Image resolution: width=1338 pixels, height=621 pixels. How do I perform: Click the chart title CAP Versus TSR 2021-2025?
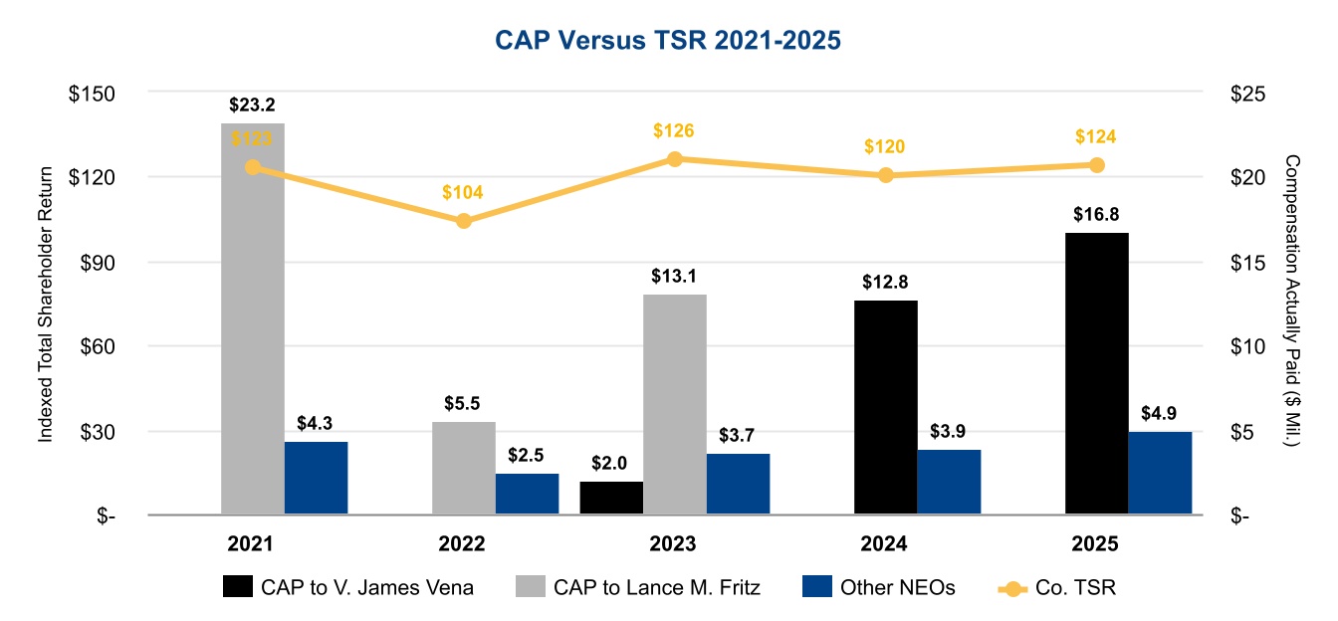tap(669, 40)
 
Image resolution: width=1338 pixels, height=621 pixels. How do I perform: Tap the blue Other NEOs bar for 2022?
tap(528, 494)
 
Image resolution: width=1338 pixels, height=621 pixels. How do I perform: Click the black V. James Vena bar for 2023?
tap(611, 498)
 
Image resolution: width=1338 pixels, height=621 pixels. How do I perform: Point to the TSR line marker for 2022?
tap(464, 221)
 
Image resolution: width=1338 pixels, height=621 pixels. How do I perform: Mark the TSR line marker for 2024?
tap(885, 175)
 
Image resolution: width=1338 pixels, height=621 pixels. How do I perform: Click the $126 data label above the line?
tap(674, 130)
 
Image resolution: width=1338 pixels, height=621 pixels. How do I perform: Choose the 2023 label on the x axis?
tap(674, 544)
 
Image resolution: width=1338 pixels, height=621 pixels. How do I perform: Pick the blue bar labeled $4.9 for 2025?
tap(1160, 473)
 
